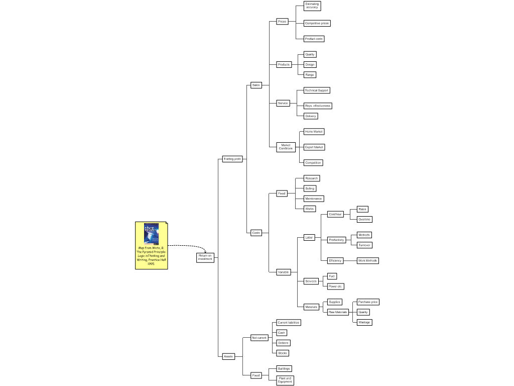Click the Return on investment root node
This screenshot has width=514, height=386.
pos(205,257)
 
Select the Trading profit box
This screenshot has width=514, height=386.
pos(232,159)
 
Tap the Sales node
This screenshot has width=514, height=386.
pos(256,85)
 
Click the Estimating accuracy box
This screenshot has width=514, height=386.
pos(312,6)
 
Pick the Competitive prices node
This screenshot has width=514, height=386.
pos(317,23)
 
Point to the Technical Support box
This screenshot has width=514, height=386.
pos(317,90)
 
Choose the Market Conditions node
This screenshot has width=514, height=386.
pos(286,147)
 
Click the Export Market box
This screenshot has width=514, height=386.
pos(314,147)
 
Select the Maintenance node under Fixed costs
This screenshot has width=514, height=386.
pos(314,199)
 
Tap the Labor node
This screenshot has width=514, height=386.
pos(309,237)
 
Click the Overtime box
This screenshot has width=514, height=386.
pos(364,219)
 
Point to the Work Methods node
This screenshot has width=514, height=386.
pos(367,260)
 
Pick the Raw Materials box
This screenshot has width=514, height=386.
pos(338,312)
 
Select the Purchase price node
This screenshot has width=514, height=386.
pos(368,302)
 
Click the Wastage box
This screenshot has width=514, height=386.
pos(364,322)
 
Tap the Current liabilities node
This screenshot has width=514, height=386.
pos(289,322)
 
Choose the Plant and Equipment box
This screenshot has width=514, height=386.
pos(285,380)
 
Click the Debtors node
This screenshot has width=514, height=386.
pos(283,343)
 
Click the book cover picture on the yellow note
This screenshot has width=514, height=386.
pos(151,234)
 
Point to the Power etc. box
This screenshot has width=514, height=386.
pos(335,286)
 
